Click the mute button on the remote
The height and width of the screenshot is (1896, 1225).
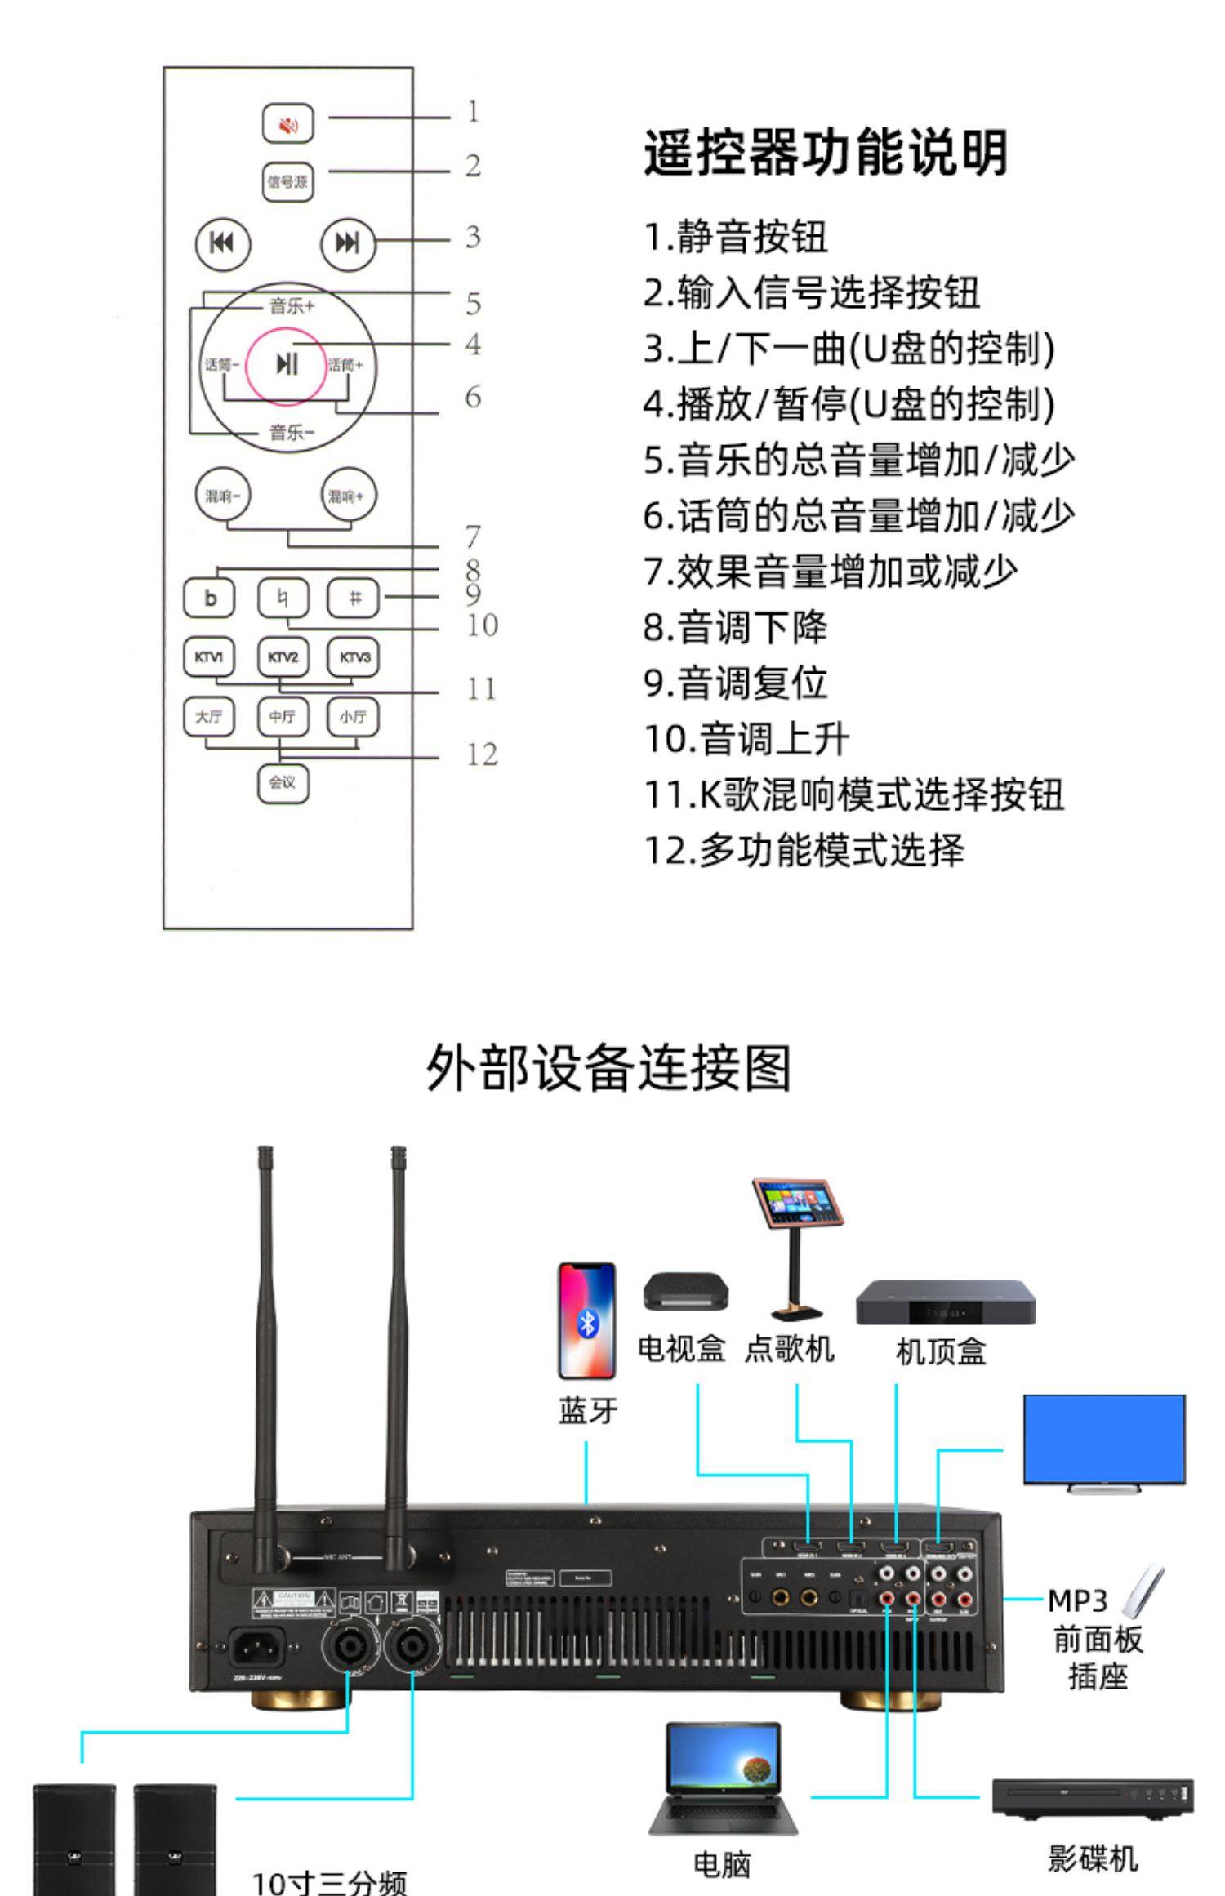tap(287, 124)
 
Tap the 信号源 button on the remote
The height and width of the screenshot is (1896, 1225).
tap(287, 181)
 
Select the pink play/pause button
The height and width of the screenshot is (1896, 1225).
tap(286, 365)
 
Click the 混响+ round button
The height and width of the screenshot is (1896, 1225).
tap(348, 495)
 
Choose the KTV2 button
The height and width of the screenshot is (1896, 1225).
tap(283, 657)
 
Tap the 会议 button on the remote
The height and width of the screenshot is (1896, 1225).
tap(283, 782)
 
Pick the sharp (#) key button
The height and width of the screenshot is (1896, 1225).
tap(354, 598)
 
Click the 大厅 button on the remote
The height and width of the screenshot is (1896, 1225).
tap(209, 716)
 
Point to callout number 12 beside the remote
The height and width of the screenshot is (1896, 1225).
tap(482, 754)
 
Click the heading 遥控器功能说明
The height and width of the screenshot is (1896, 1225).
tap(825, 153)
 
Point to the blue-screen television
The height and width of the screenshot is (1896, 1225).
tap(1104, 1440)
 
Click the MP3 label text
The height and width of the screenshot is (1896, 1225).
tap(1076, 1601)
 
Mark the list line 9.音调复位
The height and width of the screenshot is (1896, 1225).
tap(735, 683)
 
